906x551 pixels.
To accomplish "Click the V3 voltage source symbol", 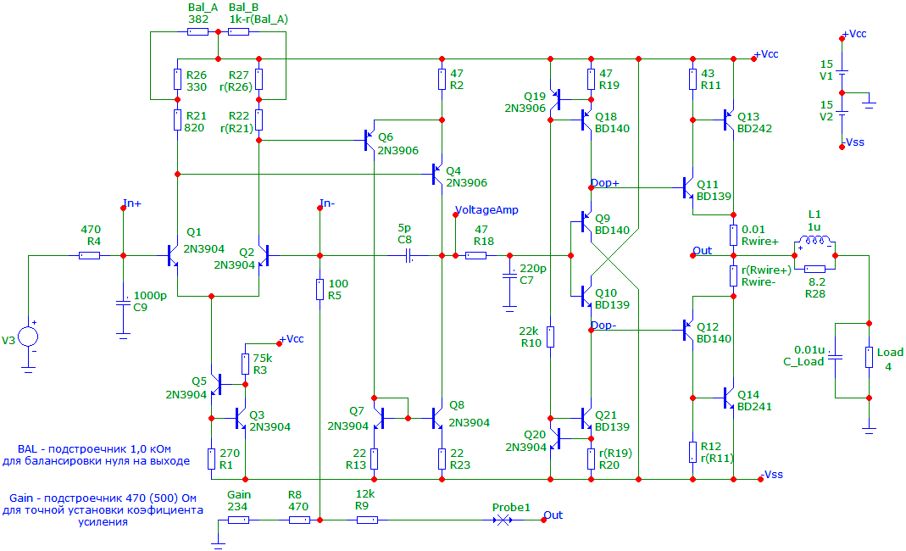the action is pyautogui.click(x=28, y=337).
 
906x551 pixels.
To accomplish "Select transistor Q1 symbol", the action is pyautogui.click(x=172, y=255).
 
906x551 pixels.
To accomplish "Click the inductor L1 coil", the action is pyautogui.click(x=814, y=241).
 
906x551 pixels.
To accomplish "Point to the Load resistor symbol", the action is pyautogui.click(x=869, y=358).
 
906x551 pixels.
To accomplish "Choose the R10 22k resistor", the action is pyautogui.click(x=551, y=337).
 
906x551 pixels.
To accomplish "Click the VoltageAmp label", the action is pyautogui.click(x=486, y=210).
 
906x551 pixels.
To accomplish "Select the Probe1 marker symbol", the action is pyautogui.click(x=503, y=520).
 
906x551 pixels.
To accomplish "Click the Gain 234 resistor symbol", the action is pyautogui.click(x=239, y=520).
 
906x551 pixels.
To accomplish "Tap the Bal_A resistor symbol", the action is pyautogui.click(x=198, y=32).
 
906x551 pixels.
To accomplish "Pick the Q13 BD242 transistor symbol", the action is pyautogui.click(x=729, y=120).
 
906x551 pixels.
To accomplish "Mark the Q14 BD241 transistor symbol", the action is pyautogui.click(x=729, y=398).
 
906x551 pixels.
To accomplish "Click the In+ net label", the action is pyautogui.click(x=132, y=203).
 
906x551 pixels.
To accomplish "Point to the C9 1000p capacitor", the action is pyautogui.click(x=123, y=303).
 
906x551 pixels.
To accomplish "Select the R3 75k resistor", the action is pyautogui.click(x=246, y=365).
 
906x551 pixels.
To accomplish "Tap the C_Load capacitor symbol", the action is pyautogui.click(x=835, y=358).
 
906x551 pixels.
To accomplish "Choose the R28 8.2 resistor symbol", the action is pyautogui.click(x=814, y=269).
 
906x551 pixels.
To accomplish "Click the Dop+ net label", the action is pyautogui.click(x=605, y=183).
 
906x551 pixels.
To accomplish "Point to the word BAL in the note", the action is pyautogui.click(x=27, y=449).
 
